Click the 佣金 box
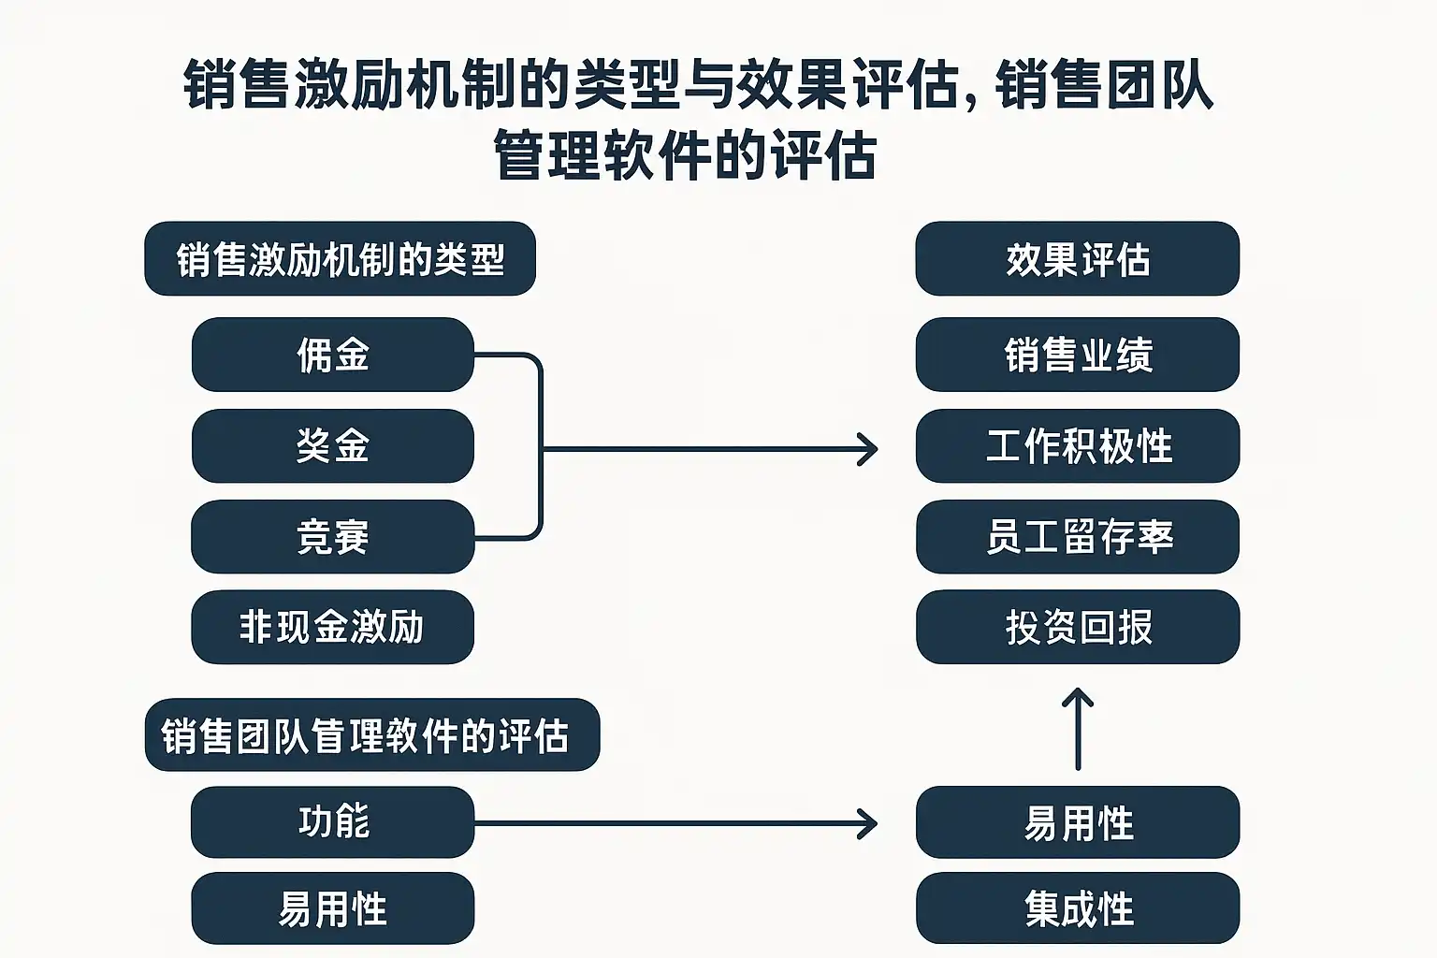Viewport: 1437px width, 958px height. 332,355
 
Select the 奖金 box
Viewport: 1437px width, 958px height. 332,445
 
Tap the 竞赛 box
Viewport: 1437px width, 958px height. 332,536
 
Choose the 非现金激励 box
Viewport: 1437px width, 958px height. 332,627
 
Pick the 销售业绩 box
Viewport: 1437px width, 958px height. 1078,355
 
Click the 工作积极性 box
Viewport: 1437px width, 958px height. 1078,445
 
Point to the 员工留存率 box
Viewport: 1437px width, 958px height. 1078,536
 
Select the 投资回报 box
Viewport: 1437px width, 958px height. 1078,627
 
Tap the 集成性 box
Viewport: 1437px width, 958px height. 1078,908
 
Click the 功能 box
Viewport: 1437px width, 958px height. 332,822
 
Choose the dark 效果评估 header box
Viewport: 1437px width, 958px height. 1078,259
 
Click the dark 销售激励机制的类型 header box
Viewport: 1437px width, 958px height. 340,259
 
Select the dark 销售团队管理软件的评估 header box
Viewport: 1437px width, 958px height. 371,735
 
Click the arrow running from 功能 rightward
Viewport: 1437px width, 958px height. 674,824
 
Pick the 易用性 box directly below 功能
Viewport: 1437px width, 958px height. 332,908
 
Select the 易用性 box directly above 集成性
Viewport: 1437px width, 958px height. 1078,822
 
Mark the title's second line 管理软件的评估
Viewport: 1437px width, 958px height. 685,156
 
